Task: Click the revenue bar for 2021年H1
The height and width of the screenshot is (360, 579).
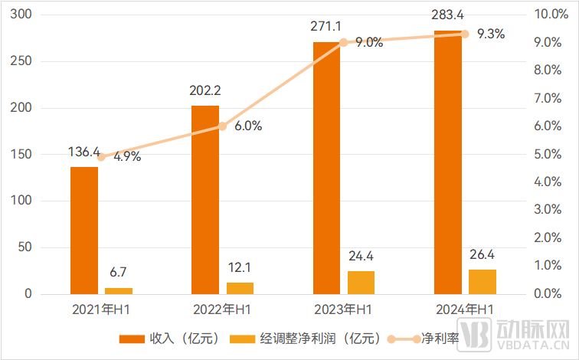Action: point(84,230)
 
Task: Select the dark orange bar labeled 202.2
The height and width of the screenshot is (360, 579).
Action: point(205,199)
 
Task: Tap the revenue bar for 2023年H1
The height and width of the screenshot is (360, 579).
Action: point(326,169)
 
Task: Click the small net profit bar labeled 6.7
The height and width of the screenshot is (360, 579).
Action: point(119,290)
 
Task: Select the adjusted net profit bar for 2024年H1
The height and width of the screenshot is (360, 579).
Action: point(483,281)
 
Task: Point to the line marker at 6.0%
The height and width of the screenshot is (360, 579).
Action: point(223,126)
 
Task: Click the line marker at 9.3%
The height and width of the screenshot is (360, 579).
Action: point(465,34)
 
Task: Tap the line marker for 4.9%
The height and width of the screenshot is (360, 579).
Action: point(101,157)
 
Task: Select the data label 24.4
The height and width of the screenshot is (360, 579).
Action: point(361,256)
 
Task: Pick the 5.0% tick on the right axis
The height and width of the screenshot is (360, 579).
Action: point(551,154)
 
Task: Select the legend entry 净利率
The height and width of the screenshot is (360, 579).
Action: point(419,338)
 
